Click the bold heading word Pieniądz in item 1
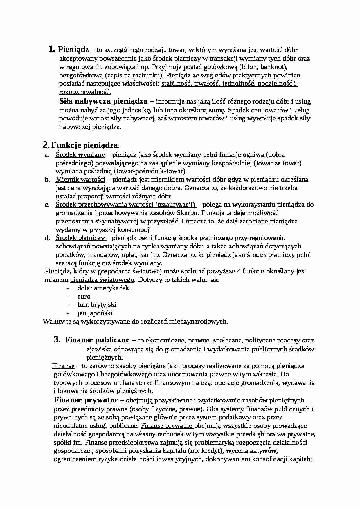(x=73, y=50)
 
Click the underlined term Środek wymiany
(x=80, y=155)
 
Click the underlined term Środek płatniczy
(x=80, y=238)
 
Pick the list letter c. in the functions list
(x=47, y=205)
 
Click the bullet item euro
(x=84, y=296)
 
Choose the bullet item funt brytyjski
(x=97, y=305)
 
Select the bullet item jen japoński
(x=95, y=313)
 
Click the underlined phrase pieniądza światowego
(x=102, y=280)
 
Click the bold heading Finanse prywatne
(x=86, y=400)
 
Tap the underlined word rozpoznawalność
(x=85, y=92)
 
